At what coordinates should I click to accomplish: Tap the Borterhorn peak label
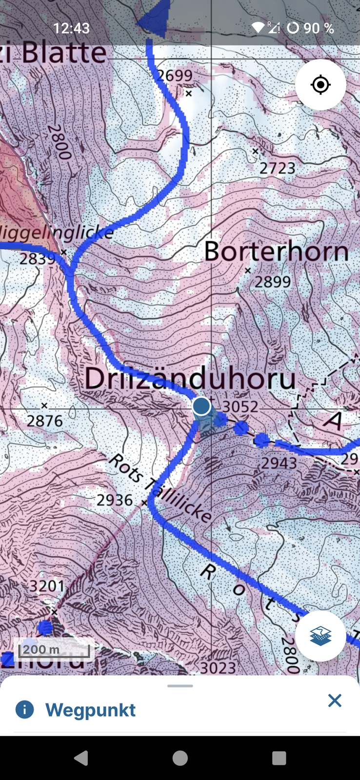tap(276, 252)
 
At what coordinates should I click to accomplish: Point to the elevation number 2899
tap(273, 281)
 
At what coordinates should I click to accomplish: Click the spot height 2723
tap(277, 168)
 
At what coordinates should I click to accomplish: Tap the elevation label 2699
tap(175, 76)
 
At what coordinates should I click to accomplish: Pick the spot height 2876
tap(44, 421)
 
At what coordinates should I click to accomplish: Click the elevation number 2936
tap(115, 500)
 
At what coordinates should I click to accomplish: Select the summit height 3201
tap(47, 585)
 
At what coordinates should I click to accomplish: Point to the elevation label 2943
tap(279, 463)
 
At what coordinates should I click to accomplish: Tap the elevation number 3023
tap(218, 667)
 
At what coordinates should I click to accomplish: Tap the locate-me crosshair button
tap(320, 85)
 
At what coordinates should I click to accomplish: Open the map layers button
tap(320, 636)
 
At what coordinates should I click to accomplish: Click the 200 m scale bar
tap(54, 650)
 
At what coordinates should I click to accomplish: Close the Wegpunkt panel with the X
tap(335, 701)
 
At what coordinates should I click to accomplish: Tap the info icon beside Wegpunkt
tap(25, 710)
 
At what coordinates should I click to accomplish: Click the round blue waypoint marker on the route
tap(201, 406)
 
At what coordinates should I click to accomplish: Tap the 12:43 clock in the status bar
tap(71, 28)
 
